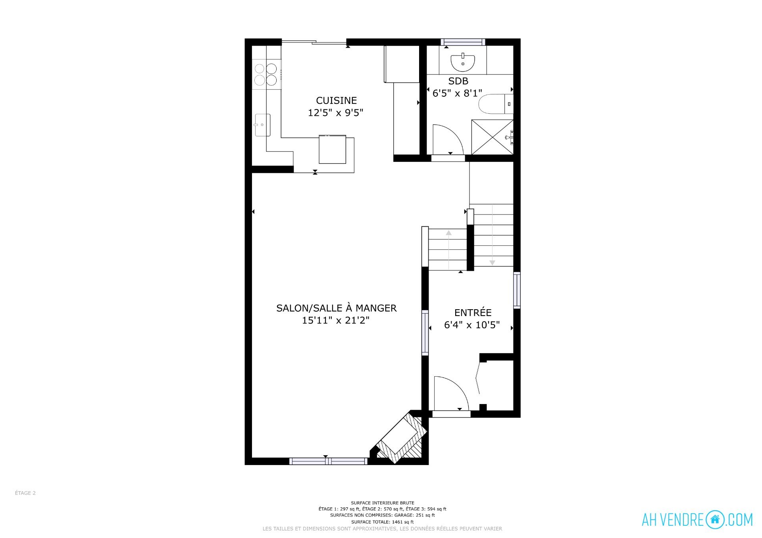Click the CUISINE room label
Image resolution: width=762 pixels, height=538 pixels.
(336, 100)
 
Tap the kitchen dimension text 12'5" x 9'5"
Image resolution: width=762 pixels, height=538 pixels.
(336, 113)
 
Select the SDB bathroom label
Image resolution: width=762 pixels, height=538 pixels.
(458, 81)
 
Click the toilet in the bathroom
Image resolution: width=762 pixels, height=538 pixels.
(496, 104)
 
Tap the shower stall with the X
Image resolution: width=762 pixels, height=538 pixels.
(492, 137)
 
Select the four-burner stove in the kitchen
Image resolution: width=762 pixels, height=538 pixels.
(266, 74)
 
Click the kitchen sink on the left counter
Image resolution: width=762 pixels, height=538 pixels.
(262, 125)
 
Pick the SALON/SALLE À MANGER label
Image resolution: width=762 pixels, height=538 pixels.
(336, 308)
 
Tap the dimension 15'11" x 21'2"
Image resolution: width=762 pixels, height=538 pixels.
(336, 320)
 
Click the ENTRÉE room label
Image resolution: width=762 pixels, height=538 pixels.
(473, 312)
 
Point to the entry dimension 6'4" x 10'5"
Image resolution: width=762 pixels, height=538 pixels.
(472, 325)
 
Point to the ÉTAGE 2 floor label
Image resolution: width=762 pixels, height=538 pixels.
(25, 493)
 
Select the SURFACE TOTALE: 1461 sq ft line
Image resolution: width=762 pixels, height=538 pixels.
(382, 522)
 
